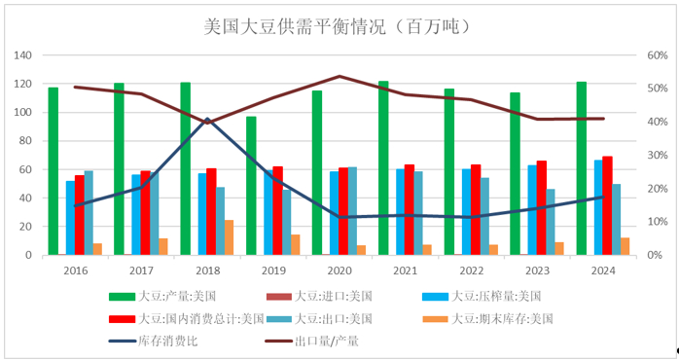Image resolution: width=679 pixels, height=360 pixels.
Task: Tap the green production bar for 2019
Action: click(x=251, y=186)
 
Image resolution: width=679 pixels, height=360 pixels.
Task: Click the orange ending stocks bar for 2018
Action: click(x=229, y=237)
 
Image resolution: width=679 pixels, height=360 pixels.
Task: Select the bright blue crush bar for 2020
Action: click(x=334, y=213)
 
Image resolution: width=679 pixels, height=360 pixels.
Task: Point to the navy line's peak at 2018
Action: click(x=207, y=119)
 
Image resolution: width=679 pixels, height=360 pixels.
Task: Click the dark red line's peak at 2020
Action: click(x=339, y=76)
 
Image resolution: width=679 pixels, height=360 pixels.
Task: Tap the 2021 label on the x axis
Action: click(x=406, y=270)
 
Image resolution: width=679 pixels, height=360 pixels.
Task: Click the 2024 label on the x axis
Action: click(x=603, y=270)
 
